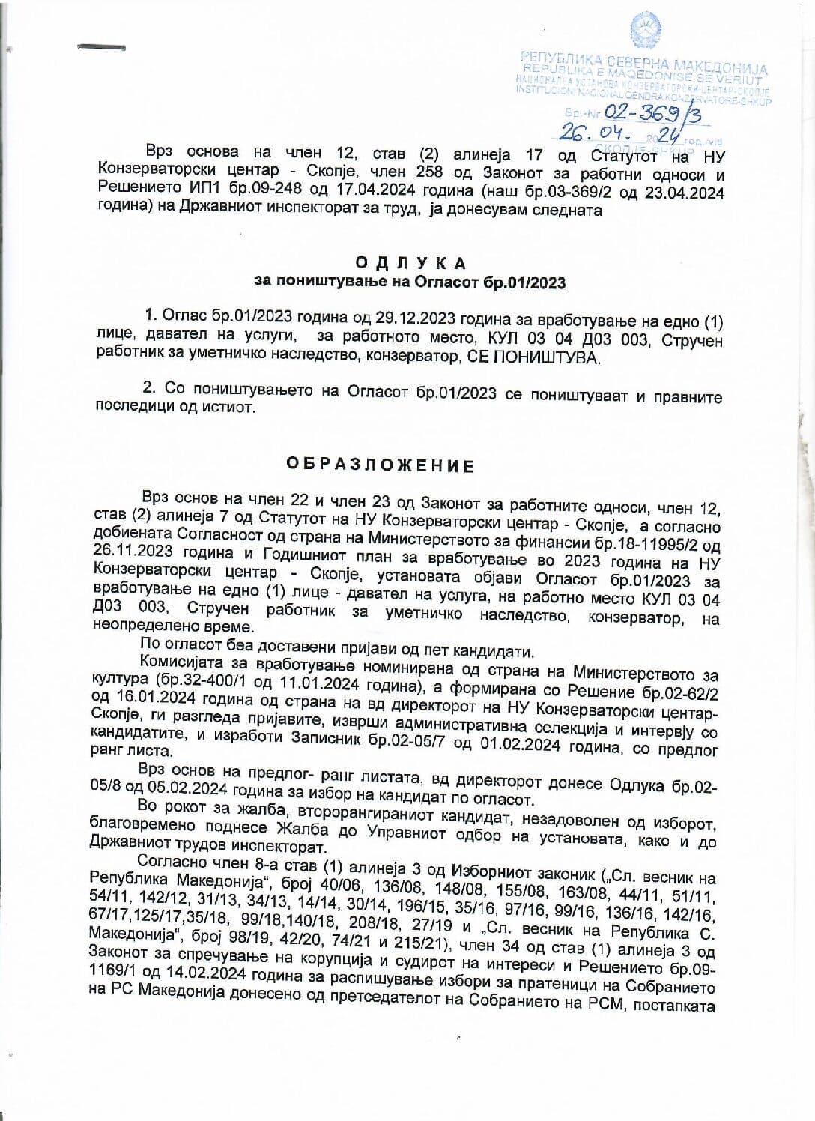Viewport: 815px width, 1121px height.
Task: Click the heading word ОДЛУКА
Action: (x=410, y=263)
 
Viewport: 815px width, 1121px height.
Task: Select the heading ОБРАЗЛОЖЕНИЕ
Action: (x=381, y=465)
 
